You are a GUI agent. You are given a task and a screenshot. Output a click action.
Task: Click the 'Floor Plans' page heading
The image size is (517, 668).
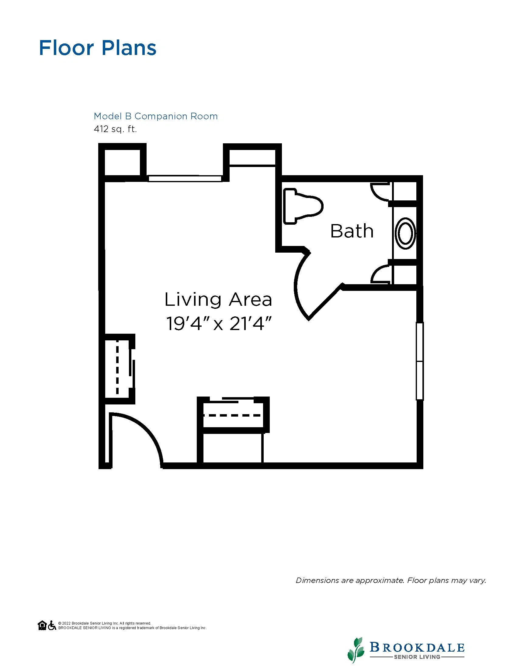(98, 48)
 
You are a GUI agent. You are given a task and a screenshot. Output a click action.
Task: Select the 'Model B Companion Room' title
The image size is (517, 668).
(156, 116)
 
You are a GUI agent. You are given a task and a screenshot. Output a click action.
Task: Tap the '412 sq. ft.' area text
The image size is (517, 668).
(115, 129)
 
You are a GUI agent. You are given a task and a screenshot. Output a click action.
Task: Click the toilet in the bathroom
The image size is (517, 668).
(303, 206)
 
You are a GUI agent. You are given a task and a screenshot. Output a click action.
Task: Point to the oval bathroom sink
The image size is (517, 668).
(405, 233)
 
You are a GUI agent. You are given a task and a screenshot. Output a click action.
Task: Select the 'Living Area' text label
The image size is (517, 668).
(218, 299)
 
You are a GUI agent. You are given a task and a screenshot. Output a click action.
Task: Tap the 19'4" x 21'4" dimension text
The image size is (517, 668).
(219, 324)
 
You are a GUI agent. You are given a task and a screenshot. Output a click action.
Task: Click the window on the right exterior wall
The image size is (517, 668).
(420, 361)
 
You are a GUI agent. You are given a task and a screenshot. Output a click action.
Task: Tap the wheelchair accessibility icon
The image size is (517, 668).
(52, 625)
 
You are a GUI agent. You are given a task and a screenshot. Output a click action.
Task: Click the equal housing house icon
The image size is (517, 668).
(42, 625)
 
